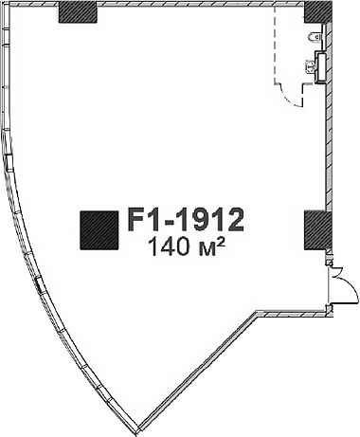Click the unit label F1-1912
point(186,219)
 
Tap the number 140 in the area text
point(168,246)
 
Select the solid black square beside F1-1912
point(99,230)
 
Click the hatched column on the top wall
point(78,12)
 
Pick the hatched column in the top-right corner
point(318,12)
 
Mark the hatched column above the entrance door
point(317,230)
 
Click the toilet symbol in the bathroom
point(315,37)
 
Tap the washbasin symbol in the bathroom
point(311,66)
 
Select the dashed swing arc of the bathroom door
point(287,99)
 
